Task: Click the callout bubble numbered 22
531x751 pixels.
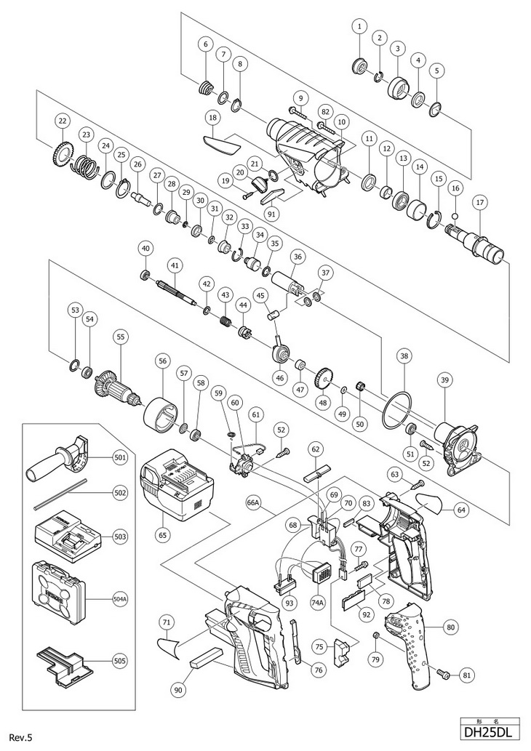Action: pos(63,121)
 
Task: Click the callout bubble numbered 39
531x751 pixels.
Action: pos(446,379)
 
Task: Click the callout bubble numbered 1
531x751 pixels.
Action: pos(359,27)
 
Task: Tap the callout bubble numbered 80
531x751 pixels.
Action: pos(450,625)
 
